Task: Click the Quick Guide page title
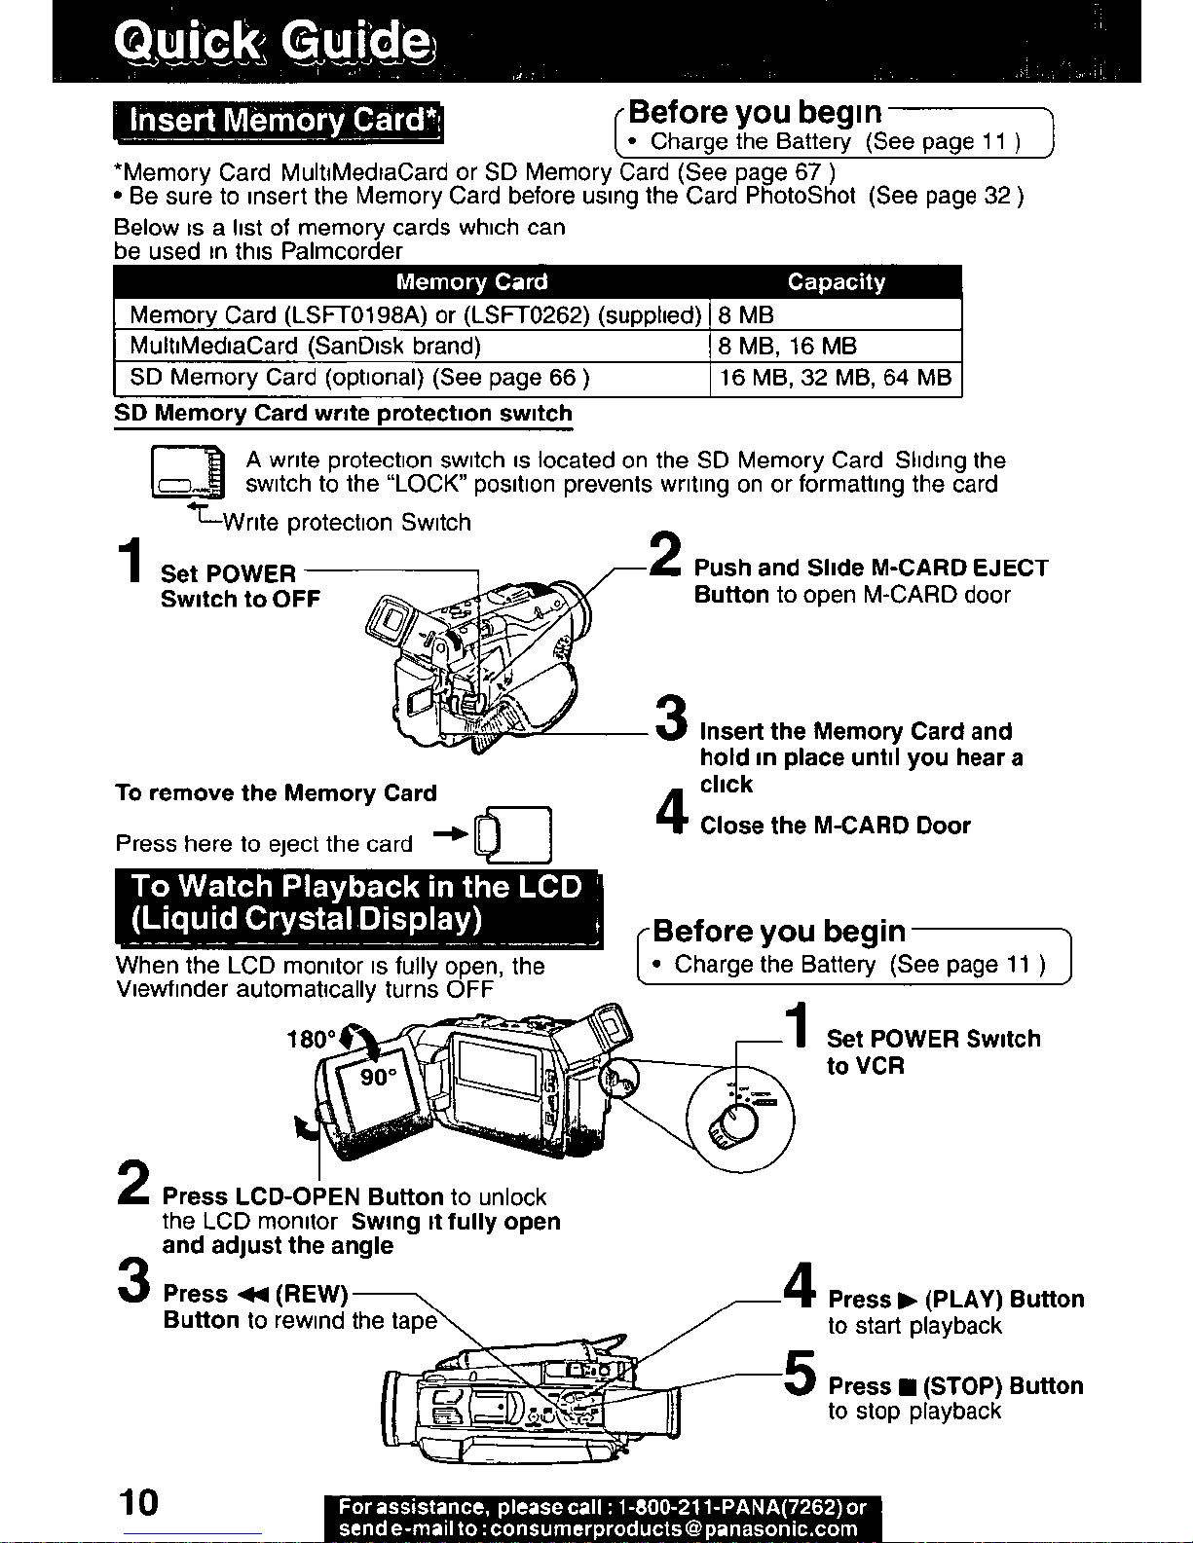tap(273, 43)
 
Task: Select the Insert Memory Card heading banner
tap(279, 122)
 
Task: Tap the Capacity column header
tap(836, 282)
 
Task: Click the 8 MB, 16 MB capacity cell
tap(788, 346)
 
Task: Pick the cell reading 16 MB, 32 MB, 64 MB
tap(836, 377)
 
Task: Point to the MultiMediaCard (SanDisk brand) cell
tap(306, 346)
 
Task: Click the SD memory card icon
tap(188, 472)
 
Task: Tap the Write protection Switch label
tap(347, 522)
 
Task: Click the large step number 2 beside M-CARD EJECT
tap(666, 554)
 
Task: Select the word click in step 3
tap(726, 784)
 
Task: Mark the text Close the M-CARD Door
tap(836, 826)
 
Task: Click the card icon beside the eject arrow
tap(513, 834)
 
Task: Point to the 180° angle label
tap(311, 1040)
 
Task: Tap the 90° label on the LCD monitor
tap(379, 1078)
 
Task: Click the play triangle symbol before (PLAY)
tap(909, 1301)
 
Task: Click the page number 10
tap(138, 1502)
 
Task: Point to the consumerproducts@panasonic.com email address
tap(674, 1528)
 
